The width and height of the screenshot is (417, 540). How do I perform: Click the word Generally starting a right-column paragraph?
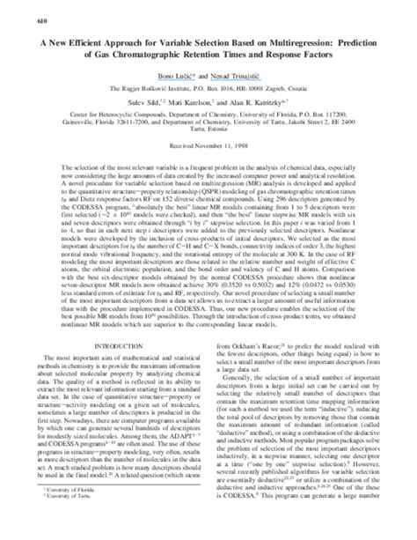[x=249, y=377]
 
